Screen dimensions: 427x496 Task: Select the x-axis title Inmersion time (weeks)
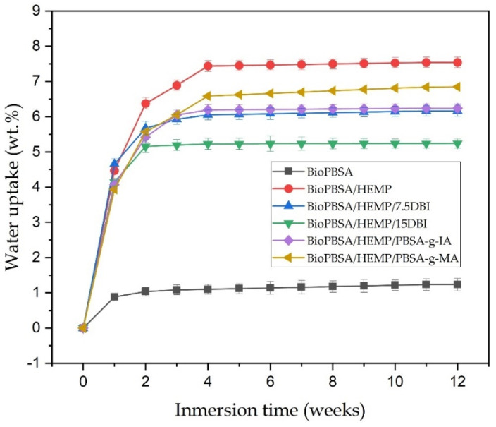click(270, 411)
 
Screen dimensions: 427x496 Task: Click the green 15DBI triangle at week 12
click(457, 143)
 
